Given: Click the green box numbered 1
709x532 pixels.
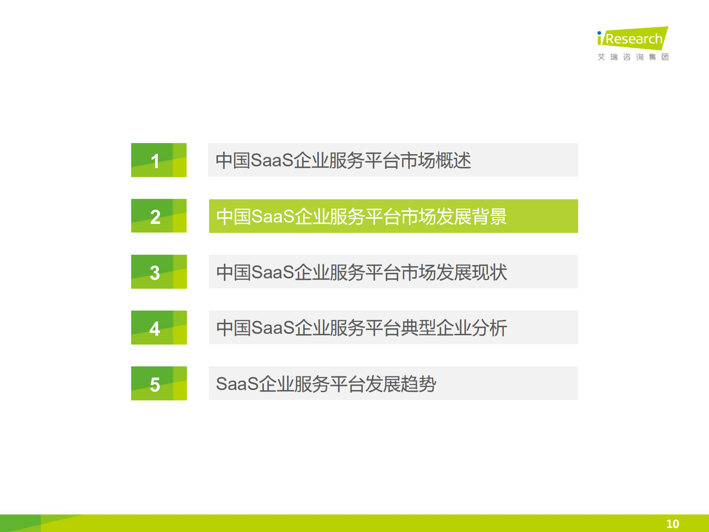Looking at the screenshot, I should click(159, 160).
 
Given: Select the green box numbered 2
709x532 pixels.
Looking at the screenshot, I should click(159, 216).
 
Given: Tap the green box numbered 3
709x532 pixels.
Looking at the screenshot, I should click(159, 272).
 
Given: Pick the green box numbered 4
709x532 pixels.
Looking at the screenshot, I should click(159, 328).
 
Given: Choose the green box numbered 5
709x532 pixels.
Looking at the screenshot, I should click(159, 383).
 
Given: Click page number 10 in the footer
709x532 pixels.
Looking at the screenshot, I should click(672, 523).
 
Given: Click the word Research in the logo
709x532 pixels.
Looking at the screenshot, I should click(634, 39).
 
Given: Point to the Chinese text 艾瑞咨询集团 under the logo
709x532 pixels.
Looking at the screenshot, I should click(633, 57).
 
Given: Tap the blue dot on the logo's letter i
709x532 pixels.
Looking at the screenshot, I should click(599, 33).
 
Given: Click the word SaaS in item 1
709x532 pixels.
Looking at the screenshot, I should click(272, 160).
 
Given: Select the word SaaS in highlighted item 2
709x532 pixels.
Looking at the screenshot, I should click(273, 216).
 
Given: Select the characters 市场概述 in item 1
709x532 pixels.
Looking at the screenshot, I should click(436, 160).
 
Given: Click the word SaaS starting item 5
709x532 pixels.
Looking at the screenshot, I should click(237, 384).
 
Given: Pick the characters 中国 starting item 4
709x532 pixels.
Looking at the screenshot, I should click(234, 328).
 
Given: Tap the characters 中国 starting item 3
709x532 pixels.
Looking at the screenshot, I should click(234, 272).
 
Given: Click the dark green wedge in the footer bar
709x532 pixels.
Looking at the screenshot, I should click(18, 523).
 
